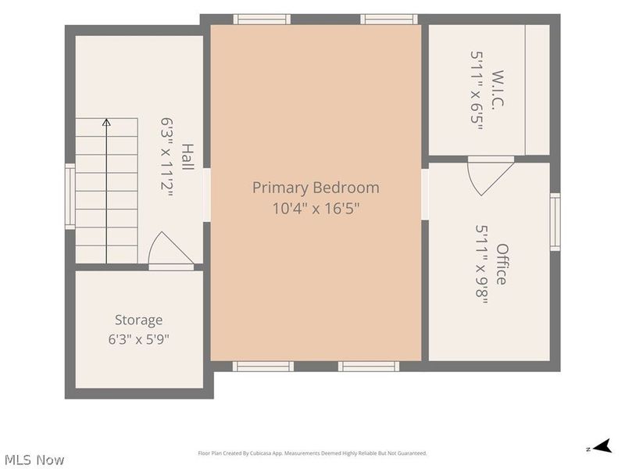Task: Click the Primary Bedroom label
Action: [x=316, y=188]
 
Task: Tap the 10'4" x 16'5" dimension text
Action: [x=316, y=208]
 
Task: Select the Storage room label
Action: [x=139, y=320]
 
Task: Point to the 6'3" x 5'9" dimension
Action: [x=139, y=339]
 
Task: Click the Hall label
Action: [x=187, y=157]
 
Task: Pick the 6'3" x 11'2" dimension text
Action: [x=167, y=158]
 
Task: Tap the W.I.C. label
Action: [x=498, y=88]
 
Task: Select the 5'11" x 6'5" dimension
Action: [x=477, y=90]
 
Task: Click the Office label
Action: [x=502, y=264]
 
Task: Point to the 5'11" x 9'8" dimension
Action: [x=482, y=264]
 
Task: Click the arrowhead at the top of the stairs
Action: [x=106, y=122]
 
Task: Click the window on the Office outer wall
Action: [x=555, y=222]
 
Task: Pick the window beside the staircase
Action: [x=70, y=196]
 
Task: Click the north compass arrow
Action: [x=602, y=446]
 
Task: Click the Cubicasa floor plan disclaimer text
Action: [x=312, y=453]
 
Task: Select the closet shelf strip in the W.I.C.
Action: [x=537, y=90]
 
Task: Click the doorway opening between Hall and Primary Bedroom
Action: [x=206, y=195]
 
